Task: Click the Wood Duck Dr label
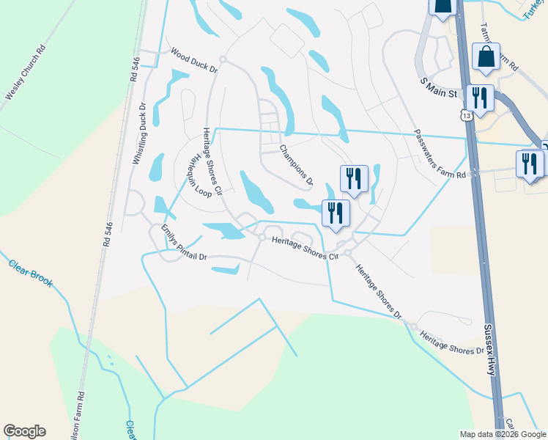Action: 194,61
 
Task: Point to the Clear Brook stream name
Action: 31,271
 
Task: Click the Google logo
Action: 24,431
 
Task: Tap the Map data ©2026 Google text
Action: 502,434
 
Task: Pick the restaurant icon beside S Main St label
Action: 480,97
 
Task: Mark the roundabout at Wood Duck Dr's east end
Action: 222,59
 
